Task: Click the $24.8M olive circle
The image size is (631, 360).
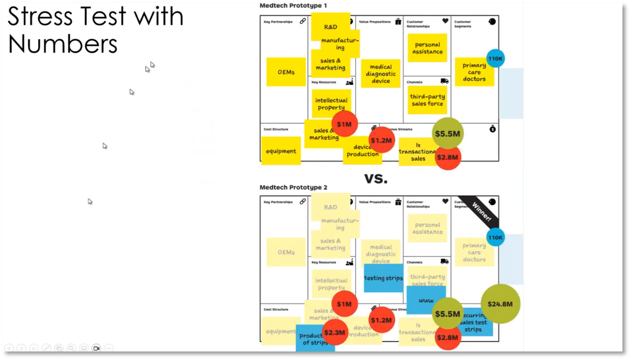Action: [500, 304]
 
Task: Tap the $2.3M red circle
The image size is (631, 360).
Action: [335, 333]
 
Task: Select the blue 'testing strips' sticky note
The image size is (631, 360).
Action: [383, 278]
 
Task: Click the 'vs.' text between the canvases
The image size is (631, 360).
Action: [376, 178]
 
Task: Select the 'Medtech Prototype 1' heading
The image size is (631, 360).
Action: [293, 5]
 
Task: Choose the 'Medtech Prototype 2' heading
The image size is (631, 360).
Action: [293, 187]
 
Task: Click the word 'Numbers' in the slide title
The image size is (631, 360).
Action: [62, 44]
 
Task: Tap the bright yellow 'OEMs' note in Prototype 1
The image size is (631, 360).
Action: [286, 72]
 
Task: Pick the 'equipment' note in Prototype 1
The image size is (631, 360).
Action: [281, 151]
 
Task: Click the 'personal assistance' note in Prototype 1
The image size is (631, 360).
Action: [427, 48]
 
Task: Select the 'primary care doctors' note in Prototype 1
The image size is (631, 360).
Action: [474, 72]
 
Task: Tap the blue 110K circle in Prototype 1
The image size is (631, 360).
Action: [495, 58]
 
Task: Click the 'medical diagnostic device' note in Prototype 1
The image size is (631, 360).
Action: [381, 74]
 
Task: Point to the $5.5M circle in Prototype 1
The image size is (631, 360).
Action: [447, 133]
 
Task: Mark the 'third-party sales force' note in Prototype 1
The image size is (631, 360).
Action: [427, 100]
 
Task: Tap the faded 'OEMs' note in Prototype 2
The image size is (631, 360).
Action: [286, 252]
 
